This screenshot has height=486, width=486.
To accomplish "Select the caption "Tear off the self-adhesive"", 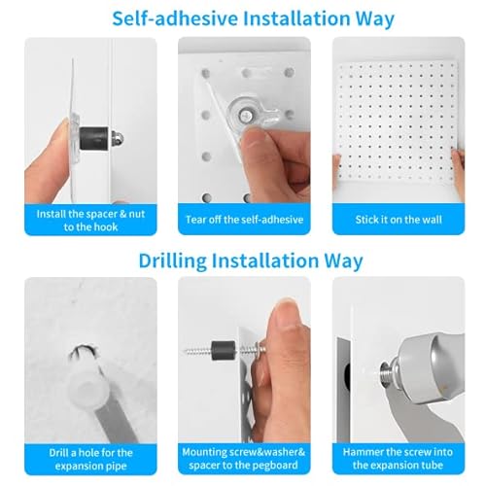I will tap(244, 219).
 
